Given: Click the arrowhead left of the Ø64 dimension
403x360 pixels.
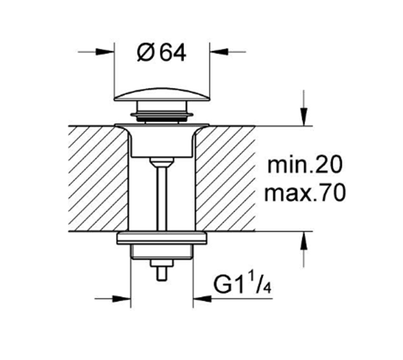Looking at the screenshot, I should click(x=106, y=51).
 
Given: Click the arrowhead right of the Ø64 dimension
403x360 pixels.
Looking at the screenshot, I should click(x=218, y=51).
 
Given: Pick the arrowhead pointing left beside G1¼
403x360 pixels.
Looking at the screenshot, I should click(x=201, y=299).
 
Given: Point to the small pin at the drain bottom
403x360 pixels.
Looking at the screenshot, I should click(x=162, y=273).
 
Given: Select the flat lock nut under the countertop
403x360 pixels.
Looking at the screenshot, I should click(x=161, y=238).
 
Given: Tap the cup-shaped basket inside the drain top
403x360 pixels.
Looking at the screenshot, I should click(x=161, y=142).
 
